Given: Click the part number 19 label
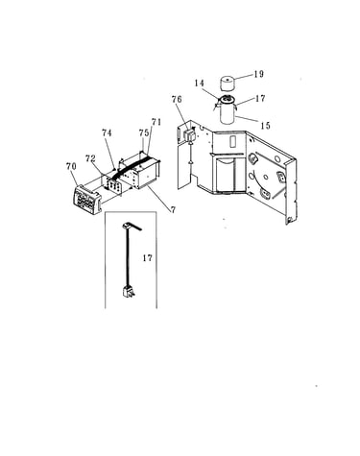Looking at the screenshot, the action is coord(259,74).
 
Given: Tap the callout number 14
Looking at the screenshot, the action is coord(199,84).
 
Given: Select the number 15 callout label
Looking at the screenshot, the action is coord(266,126).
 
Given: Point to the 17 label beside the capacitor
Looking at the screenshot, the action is coord(260,98).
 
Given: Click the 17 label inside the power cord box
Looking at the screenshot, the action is coord(148,257).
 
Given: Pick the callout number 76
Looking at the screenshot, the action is coord(177,100).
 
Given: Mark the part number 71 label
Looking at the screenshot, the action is coord(156,122).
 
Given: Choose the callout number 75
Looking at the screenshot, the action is coord(144,132).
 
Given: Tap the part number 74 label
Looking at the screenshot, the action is coord(107,132).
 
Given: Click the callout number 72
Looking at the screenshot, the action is coord(90,158).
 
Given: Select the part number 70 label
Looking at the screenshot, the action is coord(71,166).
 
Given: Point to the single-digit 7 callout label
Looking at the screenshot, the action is coord(173,210).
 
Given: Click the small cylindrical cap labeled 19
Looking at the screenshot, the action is coord(228,84).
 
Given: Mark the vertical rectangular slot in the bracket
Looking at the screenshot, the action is coord(232,141).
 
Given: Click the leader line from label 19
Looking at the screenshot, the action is coord(244,77).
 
